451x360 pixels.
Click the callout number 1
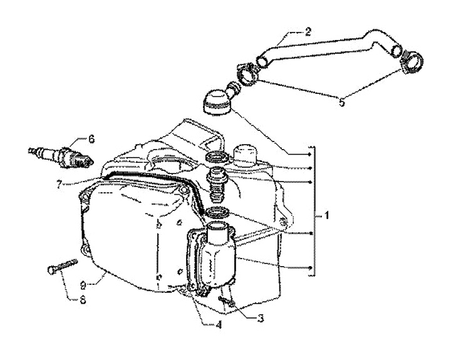tap(327, 215)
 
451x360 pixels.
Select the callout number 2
tap(308, 31)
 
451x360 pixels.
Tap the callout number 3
tap(261, 318)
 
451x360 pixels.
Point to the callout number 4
tap(219, 325)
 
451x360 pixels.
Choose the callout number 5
tap(341, 102)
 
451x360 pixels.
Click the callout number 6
tap(91, 140)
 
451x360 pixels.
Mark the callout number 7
tap(59, 184)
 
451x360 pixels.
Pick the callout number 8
tap(83, 300)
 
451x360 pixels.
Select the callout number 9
tap(83, 285)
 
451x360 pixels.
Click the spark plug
tap(62, 157)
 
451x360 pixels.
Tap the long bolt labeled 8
tap(62, 266)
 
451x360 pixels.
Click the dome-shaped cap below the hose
tap(216, 103)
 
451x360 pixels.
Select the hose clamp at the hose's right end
tap(412, 61)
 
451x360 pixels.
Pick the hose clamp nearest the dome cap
tap(247, 74)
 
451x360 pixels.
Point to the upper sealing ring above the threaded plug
tap(218, 157)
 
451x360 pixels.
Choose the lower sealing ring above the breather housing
tap(217, 213)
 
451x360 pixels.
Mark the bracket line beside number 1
tap(313, 212)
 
